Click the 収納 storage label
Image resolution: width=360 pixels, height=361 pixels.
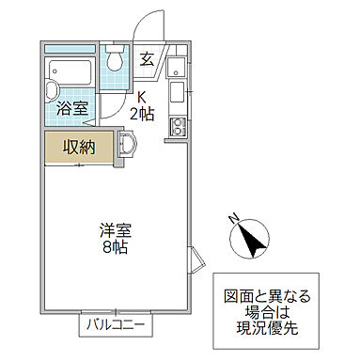tap(78, 147)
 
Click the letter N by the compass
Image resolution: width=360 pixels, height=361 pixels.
tap(232, 218)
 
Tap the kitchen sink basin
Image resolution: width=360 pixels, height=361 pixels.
tap(176, 92)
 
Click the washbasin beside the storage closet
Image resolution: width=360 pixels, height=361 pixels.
tap(128, 145)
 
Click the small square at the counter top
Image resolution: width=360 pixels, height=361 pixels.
tap(176, 66)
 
